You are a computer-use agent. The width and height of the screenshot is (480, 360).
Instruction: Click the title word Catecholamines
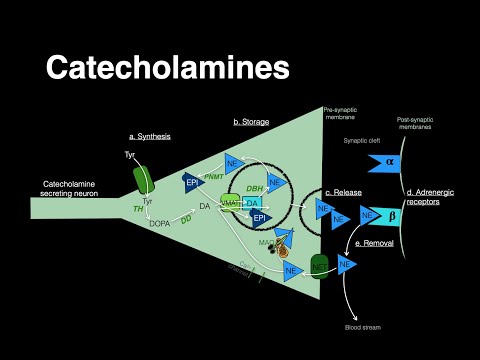pos(168,67)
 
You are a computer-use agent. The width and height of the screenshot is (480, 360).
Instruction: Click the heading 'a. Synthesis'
pos(151,135)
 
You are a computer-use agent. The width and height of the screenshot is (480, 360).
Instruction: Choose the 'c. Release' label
pos(343,193)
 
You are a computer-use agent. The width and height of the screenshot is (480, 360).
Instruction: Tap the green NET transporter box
pos(320,266)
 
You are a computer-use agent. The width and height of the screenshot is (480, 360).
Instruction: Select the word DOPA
pos(158,222)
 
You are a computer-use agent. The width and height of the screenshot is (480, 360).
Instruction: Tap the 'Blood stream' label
pos(358,326)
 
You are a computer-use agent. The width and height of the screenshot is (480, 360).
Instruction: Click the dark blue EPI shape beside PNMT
pos(193,182)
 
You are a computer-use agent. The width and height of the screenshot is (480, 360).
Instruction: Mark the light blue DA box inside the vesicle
pos(252,203)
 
